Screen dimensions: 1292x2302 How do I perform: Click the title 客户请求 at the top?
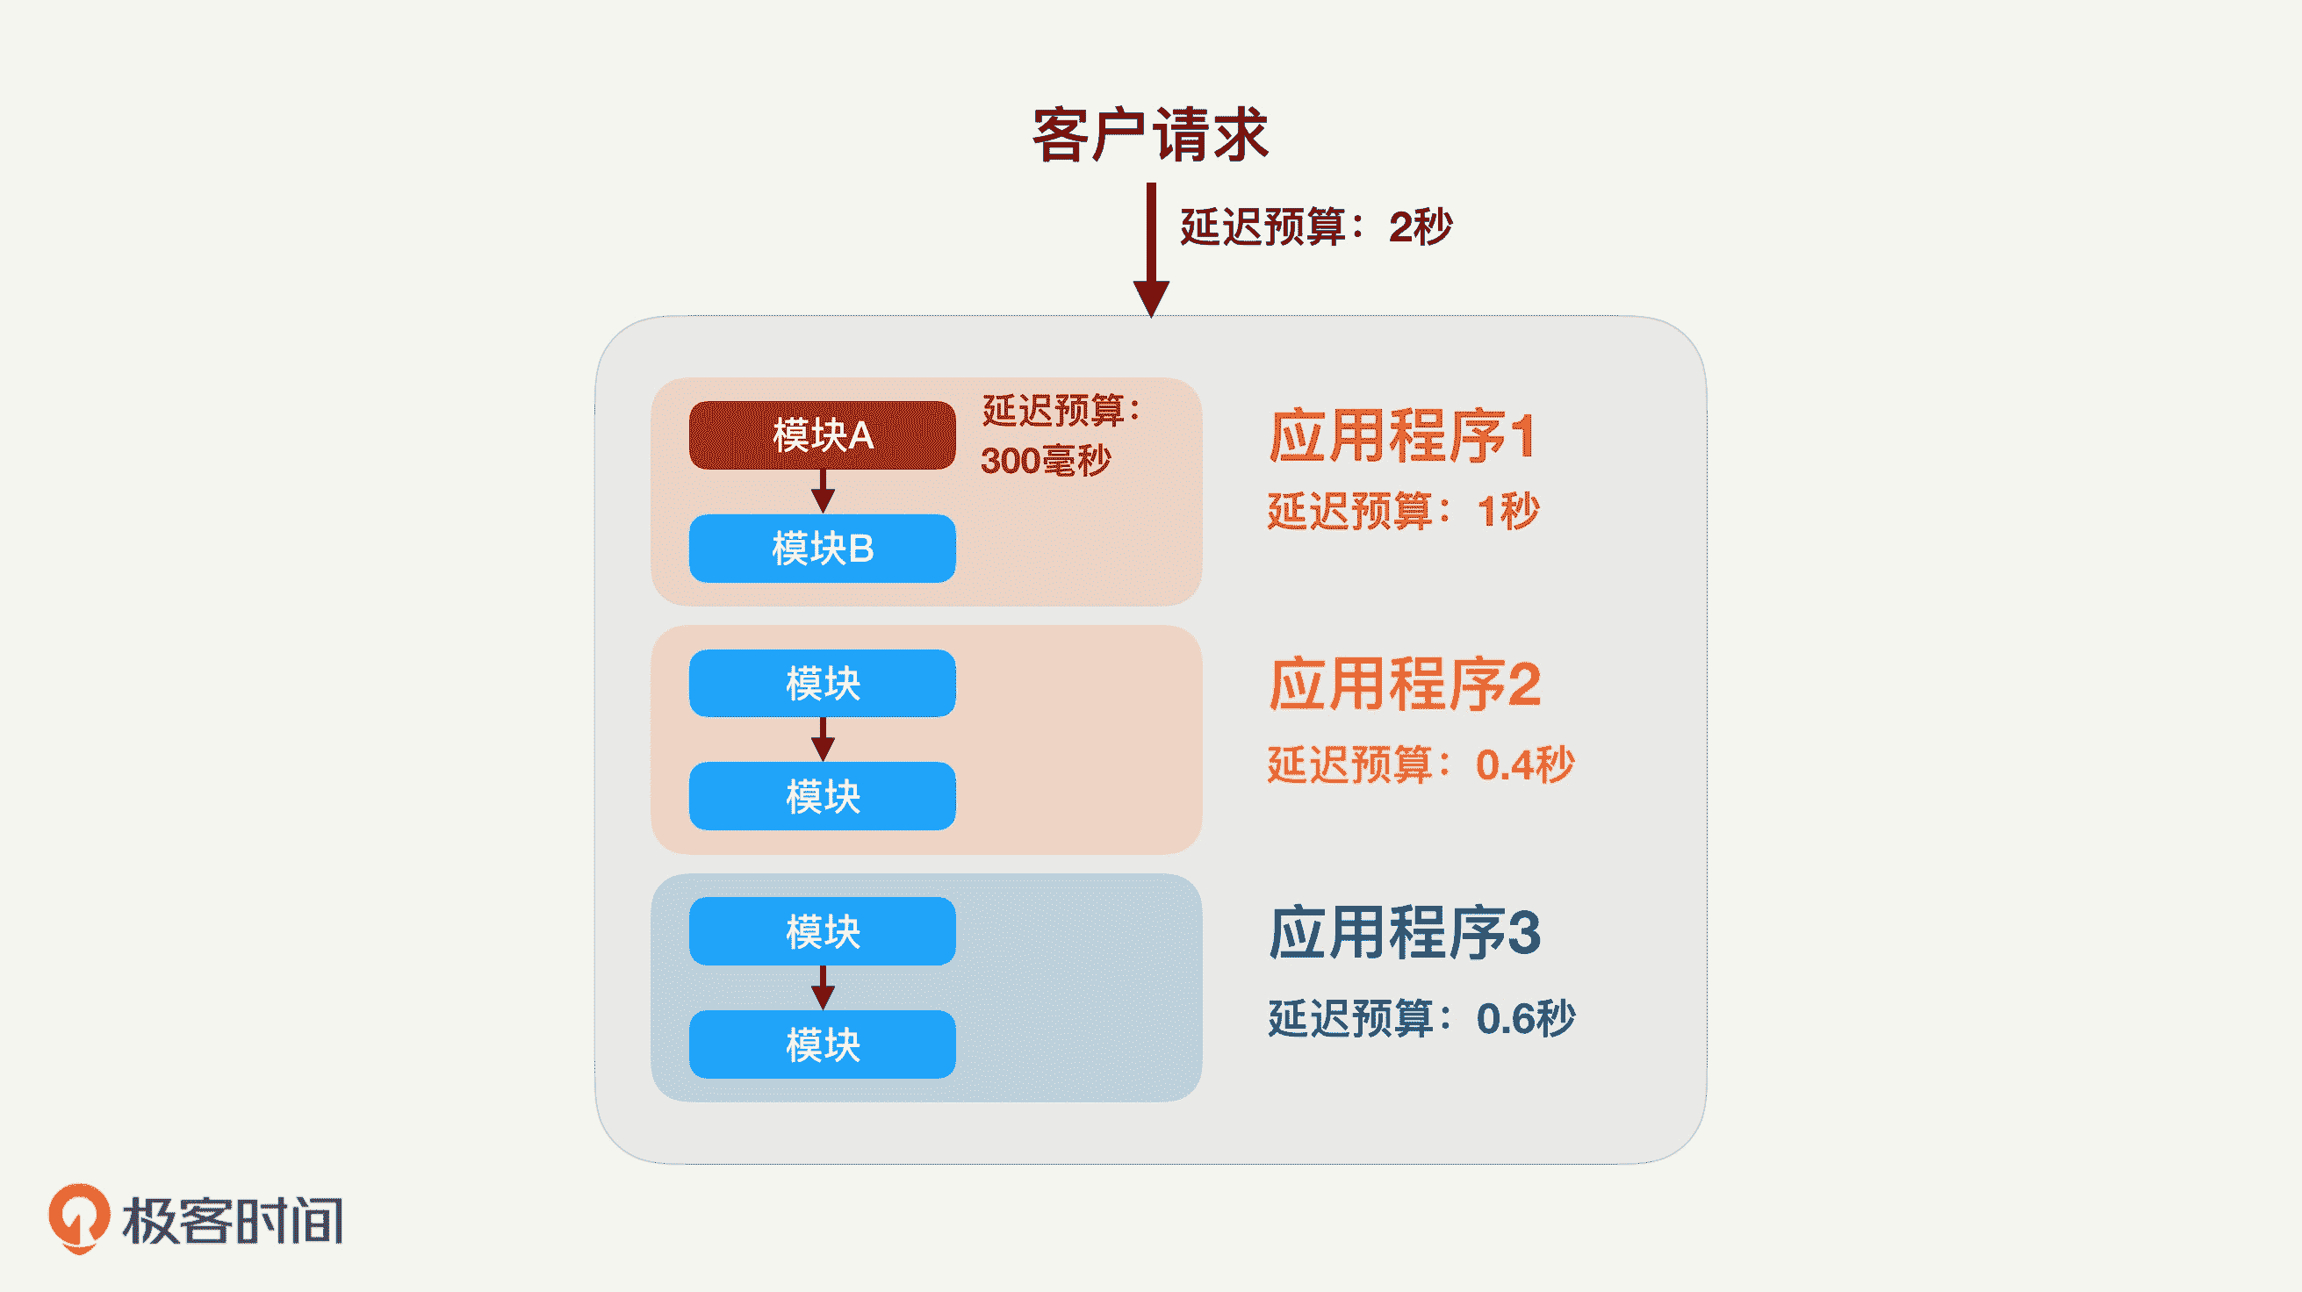[1150, 135]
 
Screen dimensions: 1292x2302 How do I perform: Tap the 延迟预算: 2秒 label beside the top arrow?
[1315, 227]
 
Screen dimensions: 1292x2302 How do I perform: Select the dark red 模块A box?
[822, 435]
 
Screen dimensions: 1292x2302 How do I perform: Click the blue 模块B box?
[822, 548]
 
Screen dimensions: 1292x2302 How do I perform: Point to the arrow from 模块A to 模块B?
[823, 492]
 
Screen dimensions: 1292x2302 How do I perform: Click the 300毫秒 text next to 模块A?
[1046, 461]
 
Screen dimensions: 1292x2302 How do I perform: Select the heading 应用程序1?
[1402, 437]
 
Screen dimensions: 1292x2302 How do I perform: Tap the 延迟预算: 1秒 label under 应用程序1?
[1403, 512]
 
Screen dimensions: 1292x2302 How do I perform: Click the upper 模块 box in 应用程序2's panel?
[822, 684]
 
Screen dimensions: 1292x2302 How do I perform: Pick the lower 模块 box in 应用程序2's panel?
[822, 796]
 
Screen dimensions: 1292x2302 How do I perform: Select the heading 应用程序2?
[1405, 685]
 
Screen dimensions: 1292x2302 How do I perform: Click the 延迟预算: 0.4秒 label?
[1421, 764]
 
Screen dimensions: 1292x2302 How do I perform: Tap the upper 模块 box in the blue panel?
[822, 931]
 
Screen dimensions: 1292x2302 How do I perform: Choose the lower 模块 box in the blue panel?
[822, 1044]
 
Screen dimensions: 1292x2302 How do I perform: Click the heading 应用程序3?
[1405, 933]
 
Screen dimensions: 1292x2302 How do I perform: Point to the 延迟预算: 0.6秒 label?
[1421, 1018]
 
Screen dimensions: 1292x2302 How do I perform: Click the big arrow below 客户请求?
[1151, 250]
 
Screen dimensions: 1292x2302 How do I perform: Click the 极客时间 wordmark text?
[234, 1221]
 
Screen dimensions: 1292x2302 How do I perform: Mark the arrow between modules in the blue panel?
[823, 987]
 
